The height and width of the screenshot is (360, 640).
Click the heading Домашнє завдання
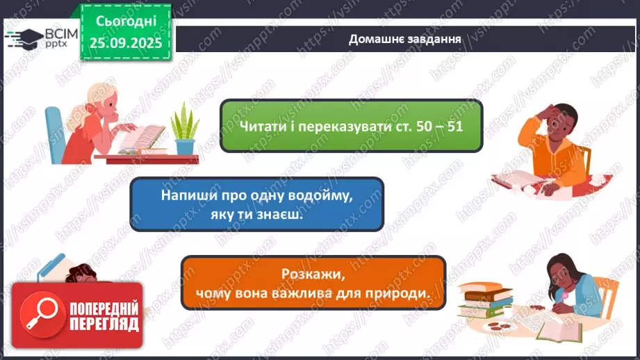[405, 39]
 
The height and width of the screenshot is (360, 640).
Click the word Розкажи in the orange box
[313, 275]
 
